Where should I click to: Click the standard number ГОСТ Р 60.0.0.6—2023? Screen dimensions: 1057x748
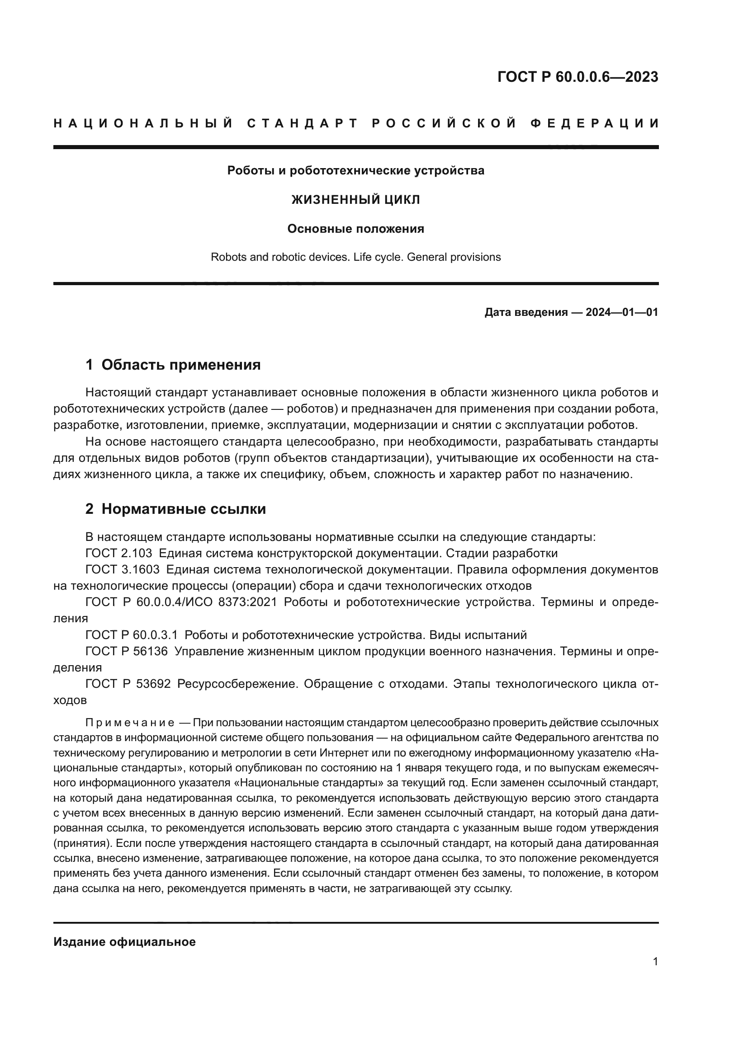click(578, 77)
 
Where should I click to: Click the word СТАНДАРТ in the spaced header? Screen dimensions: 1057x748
click(303, 123)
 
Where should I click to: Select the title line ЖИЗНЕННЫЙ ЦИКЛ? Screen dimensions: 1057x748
click(355, 200)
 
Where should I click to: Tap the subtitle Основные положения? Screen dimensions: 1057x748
click(355, 229)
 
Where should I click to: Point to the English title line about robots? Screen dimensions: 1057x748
click(355, 257)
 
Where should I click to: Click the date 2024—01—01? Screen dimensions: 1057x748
click(621, 313)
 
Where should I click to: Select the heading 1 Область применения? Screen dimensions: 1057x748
click(173, 365)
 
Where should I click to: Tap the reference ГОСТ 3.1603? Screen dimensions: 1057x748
click(123, 569)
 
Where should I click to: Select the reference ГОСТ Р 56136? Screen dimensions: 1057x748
click(127, 652)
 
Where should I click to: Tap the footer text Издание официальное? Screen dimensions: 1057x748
click(124, 942)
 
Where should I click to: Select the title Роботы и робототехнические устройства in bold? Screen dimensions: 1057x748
click(355, 171)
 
